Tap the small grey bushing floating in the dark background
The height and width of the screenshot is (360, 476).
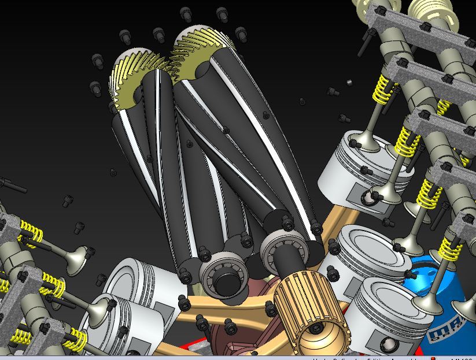point(349,83)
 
